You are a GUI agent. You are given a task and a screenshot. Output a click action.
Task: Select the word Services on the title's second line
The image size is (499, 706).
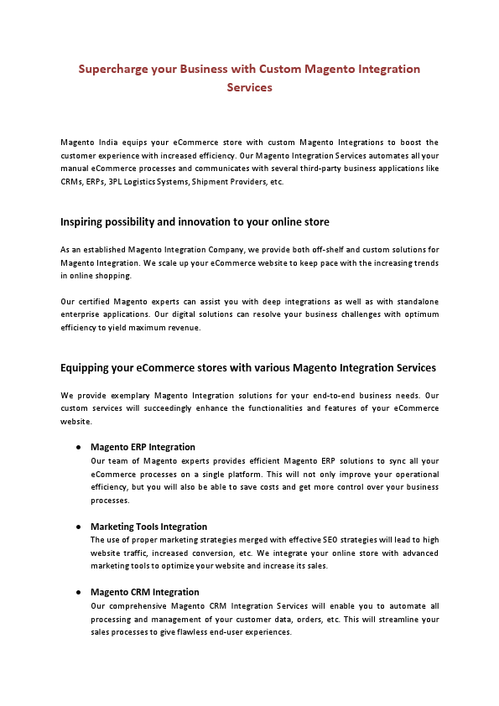pyautogui.click(x=249, y=86)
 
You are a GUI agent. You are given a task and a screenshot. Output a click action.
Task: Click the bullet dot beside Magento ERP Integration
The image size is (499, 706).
pyautogui.click(x=78, y=448)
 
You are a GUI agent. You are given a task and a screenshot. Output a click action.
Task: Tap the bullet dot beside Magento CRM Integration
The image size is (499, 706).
pyautogui.click(x=78, y=593)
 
